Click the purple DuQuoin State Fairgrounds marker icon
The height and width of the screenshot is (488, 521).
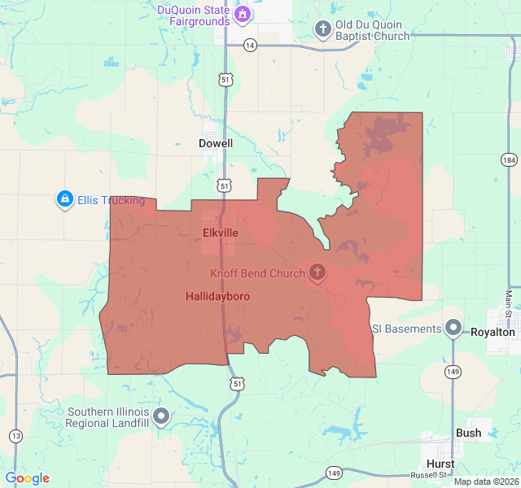(243, 15)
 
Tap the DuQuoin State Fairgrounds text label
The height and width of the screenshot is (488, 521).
(194, 15)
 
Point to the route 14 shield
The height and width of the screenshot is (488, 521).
(249, 45)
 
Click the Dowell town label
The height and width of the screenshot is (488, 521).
(216, 143)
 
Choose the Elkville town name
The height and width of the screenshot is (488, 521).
(221, 233)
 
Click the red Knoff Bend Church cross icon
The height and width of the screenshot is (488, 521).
(317, 272)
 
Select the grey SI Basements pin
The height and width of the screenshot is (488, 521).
(453, 329)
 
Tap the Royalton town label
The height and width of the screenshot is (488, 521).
(493, 332)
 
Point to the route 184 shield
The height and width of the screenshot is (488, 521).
(509, 159)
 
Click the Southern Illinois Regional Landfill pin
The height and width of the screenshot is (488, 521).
(162, 416)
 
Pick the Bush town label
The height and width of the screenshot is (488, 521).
(468, 434)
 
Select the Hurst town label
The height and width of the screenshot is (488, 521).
(440, 464)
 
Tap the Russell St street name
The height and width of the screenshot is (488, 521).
(428, 475)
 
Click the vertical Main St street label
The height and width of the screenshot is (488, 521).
(509, 304)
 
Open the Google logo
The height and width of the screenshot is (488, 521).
(27, 478)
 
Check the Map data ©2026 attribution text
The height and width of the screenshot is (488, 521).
(485, 481)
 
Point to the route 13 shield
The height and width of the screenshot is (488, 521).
(15, 437)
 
